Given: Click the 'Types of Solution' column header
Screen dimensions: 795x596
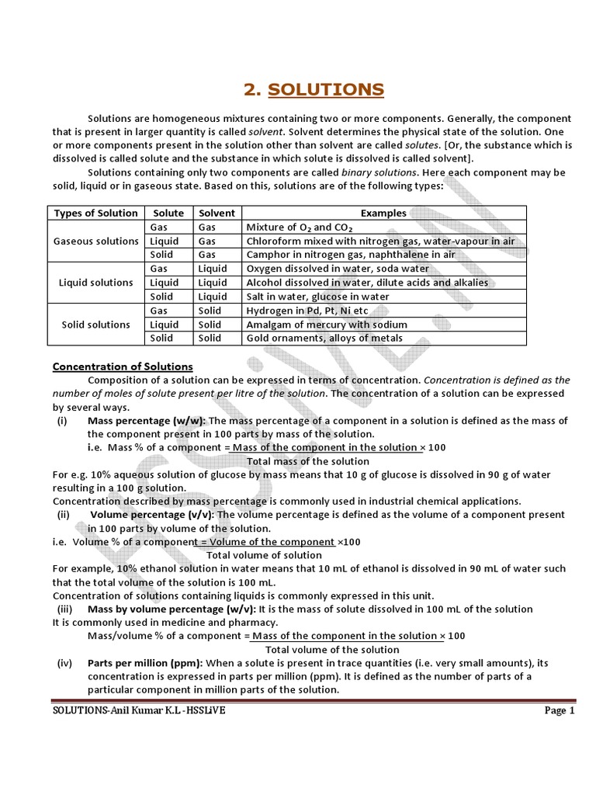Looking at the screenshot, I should coord(95,213).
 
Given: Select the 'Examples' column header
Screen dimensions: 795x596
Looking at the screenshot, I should coord(383,213).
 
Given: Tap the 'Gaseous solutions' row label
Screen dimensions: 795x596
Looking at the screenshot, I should coord(95,241).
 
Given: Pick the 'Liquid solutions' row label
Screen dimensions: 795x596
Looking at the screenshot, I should coord(95,283).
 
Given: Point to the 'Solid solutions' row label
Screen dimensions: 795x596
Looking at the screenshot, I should coord(95,325).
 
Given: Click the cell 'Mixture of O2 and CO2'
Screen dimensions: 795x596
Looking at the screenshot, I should coord(299,227).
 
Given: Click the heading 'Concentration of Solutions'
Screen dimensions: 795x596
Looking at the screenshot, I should coord(123,366).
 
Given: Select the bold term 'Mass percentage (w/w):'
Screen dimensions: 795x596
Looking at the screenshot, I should coord(146,421).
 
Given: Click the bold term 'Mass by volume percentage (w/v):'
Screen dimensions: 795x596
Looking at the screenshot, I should coord(172,609).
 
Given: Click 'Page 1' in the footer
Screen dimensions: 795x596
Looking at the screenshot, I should coord(559,710).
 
